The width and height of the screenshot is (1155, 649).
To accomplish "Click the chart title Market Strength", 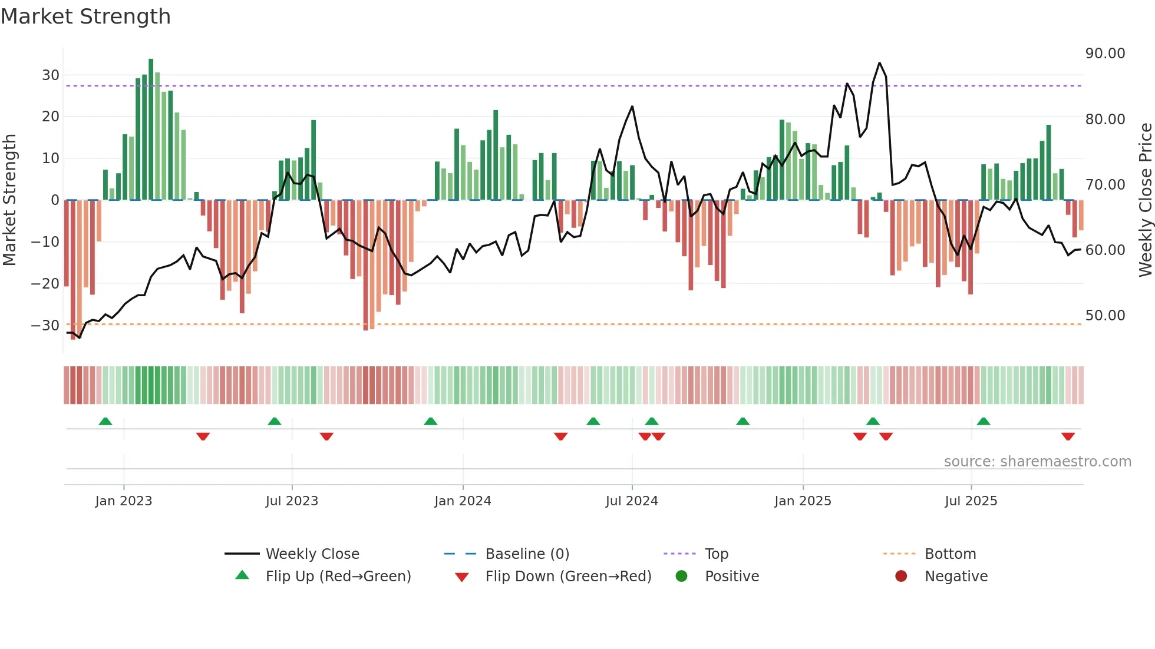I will point(85,16).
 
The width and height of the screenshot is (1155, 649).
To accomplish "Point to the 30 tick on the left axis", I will point(50,75).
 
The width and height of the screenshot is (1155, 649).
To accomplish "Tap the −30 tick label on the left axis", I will point(45,326).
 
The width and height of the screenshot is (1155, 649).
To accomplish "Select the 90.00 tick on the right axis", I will point(1105,54).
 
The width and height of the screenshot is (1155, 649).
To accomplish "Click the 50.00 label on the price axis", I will point(1105,316).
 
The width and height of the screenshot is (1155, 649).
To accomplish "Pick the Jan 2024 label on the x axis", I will point(463,501).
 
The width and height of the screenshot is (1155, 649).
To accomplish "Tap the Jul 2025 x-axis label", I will point(971,501).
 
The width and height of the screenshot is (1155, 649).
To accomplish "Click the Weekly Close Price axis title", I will point(1145,200).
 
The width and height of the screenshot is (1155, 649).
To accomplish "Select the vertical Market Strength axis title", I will point(9,200).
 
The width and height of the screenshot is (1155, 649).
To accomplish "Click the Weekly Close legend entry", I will point(312,554).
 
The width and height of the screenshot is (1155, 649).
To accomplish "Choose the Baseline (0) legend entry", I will point(527,554).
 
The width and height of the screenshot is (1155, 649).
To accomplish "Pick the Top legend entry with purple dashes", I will point(716,554).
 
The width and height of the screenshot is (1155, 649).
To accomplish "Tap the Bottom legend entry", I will point(950,554).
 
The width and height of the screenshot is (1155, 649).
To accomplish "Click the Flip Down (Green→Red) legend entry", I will point(568,577).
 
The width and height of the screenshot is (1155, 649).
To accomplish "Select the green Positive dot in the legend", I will point(681,577).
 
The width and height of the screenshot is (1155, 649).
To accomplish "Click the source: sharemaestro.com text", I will point(1037,462).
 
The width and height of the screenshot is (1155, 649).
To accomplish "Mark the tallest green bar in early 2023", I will point(151,130).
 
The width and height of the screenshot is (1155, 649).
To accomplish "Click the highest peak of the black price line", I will point(879,63).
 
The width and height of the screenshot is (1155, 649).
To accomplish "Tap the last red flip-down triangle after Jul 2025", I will point(1068,436).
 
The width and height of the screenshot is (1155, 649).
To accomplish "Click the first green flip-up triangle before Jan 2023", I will point(105,421).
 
